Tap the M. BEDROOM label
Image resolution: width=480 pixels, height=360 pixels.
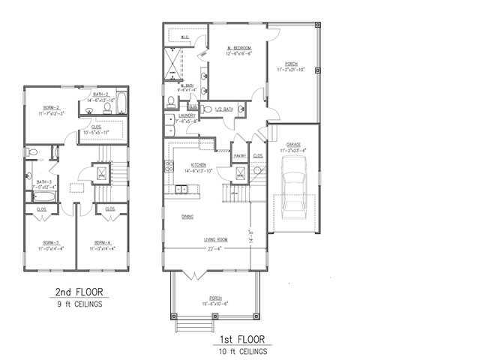coord(239,50)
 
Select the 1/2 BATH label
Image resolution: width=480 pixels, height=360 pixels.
coord(224,108)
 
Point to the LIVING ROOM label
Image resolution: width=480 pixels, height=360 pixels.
coord(216,240)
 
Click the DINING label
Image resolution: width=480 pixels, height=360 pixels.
coord(188,216)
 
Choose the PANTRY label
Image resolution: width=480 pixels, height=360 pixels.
coord(240,156)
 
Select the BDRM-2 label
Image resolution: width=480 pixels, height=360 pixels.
coord(52,107)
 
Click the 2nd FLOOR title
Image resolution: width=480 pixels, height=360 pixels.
coord(79,292)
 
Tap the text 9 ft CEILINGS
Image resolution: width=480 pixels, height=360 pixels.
coord(79,304)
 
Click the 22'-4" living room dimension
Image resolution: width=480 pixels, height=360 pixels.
coord(216,248)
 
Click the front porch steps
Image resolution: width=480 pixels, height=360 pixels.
coord(193,325)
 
